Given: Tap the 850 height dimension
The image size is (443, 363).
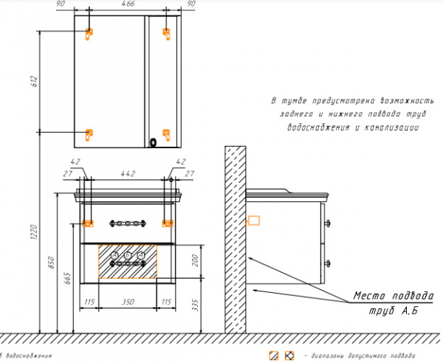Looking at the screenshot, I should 54,263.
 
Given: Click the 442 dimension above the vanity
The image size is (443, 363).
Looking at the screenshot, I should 127,173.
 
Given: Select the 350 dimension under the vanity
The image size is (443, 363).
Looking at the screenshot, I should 127,303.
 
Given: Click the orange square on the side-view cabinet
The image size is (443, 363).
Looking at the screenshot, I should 253,219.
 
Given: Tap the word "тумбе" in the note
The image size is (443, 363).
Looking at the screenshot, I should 295,100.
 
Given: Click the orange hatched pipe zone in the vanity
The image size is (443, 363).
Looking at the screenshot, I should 127,261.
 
